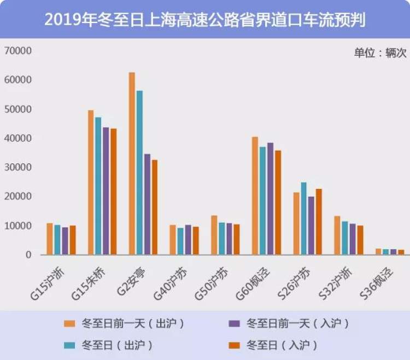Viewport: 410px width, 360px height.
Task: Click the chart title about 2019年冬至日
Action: coord(205,20)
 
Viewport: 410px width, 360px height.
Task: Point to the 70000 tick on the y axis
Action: coord(18,51)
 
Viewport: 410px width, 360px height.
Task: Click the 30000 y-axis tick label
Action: coord(18,167)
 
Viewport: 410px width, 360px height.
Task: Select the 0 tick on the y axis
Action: coord(28,255)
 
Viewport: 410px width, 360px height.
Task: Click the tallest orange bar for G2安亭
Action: coord(132,163)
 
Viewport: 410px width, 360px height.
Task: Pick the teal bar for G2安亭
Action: coord(139,173)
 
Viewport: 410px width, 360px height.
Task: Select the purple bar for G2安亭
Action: coord(147,204)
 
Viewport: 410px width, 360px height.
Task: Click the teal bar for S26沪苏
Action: coord(303,219)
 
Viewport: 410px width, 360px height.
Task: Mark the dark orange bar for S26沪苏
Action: coord(319,222)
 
